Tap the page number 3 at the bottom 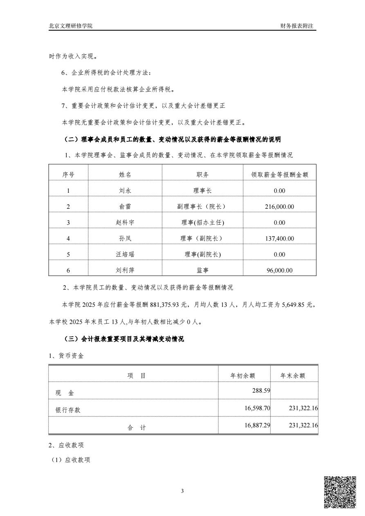182,491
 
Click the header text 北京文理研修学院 71,26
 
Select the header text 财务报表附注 297,26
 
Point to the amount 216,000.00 280,206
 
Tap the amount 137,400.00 280,238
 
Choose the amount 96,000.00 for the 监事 280,270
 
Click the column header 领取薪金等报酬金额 280,174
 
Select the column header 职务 203,174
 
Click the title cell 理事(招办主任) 203,222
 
